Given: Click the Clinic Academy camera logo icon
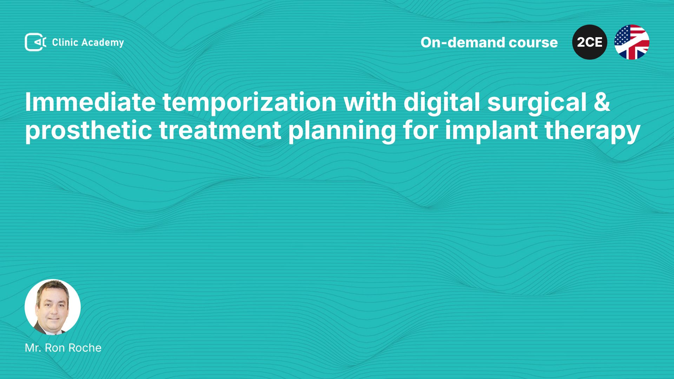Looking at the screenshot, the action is pos(35,42).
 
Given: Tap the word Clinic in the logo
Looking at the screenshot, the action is pos(65,42).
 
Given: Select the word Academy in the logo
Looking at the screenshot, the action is pos(103,43).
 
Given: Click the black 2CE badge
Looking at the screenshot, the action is pos(590,42).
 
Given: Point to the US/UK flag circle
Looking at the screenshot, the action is pos(632,42).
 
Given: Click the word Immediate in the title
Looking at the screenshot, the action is pos(90,102).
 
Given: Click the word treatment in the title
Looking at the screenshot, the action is pos(220,131).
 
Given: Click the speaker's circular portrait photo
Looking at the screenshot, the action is pos(53,307).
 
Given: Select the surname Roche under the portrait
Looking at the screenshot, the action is pos(85,348).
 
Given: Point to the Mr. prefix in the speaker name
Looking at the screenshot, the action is pos(33,348).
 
